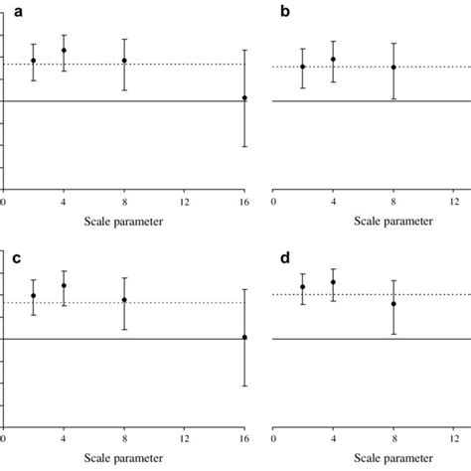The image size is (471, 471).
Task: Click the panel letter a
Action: pyautogui.click(x=16, y=12)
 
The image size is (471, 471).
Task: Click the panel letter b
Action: pyautogui.click(x=286, y=12)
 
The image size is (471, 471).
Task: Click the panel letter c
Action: pyautogui.click(x=16, y=257)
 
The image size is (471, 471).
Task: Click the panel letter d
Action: pyautogui.click(x=286, y=257)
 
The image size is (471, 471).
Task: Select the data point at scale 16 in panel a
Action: pyautogui.click(x=244, y=98)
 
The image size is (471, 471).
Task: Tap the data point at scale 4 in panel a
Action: pyautogui.click(x=64, y=51)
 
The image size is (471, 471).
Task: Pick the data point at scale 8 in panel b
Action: pyautogui.click(x=393, y=68)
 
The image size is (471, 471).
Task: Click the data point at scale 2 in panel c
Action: pyautogui.click(x=34, y=296)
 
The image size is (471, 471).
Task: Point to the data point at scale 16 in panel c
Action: pyautogui.click(x=244, y=338)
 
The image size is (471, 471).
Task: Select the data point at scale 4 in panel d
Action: pyautogui.click(x=333, y=282)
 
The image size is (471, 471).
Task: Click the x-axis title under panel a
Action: pyautogui.click(x=124, y=221)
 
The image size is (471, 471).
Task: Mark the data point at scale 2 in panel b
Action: pyautogui.click(x=303, y=67)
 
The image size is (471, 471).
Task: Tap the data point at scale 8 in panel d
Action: pyautogui.click(x=393, y=304)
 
